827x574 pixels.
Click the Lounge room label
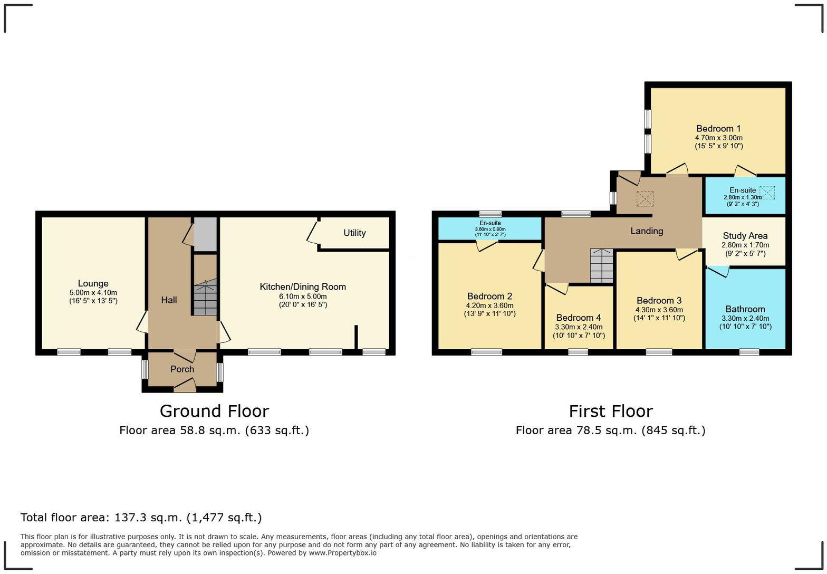(93, 283)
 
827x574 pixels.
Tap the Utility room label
(354, 233)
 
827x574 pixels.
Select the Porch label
(182, 369)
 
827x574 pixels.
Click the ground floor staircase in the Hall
(205, 298)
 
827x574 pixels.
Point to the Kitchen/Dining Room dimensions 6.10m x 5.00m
(303, 296)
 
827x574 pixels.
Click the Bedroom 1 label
(718, 129)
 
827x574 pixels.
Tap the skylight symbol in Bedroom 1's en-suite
(767, 192)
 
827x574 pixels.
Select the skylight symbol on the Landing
(645, 199)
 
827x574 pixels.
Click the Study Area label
(745, 236)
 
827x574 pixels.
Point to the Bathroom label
(745, 309)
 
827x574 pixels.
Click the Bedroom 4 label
(579, 318)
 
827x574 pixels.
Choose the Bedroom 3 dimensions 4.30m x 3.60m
(659, 310)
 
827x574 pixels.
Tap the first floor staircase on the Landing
(601, 266)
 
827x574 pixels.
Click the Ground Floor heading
(214, 411)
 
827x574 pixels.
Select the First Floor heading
(610, 411)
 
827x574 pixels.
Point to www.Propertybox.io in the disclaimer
(342, 553)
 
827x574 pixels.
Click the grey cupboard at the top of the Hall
(205, 234)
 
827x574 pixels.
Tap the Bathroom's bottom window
(749, 352)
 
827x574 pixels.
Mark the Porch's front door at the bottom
(185, 389)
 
